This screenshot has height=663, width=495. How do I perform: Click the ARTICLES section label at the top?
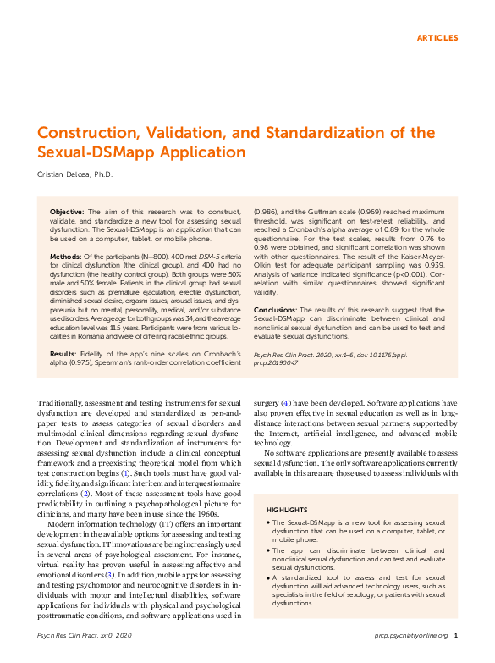tap(437, 38)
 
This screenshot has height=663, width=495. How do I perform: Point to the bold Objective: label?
tap(67, 211)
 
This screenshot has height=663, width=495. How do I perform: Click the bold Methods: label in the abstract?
tap(66, 256)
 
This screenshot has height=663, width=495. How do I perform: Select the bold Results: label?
tap(64, 353)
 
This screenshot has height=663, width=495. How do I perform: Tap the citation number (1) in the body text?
tap(148, 473)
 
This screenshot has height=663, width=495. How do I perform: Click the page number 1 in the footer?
tap(456, 634)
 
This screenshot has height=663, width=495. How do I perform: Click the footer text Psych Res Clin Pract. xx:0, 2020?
tap(85, 634)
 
